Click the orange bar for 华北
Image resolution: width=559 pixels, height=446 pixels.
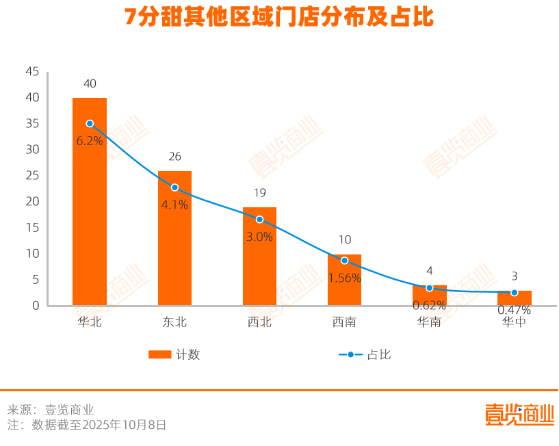pyautogui.click(x=90, y=205)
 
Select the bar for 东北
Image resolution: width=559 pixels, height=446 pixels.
pyautogui.click(x=174, y=239)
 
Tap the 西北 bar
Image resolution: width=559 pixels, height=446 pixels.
pyautogui.click(x=259, y=260)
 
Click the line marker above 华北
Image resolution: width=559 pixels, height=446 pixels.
pyautogui.click(x=90, y=124)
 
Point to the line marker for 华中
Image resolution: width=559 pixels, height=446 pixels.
pyautogui.click(x=515, y=292)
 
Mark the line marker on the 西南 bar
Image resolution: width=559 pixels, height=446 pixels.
pyautogui.click(x=344, y=261)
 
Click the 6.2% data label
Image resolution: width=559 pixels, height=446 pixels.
pyautogui.click(x=90, y=141)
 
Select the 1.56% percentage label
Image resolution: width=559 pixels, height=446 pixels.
pyautogui.click(x=344, y=278)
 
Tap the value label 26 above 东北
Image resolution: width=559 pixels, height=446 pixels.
pyautogui.click(x=174, y=157)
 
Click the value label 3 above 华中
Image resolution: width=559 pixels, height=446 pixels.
pyautogui.click(x=515, y=276)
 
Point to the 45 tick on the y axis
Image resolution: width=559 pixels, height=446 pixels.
pyautogui.click(x=31, y=72)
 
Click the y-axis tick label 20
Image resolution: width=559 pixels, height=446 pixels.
pyautogui.click(x=31, y=202)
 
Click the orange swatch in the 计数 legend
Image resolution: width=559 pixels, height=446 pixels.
pyautogui.click(x=159, y=354)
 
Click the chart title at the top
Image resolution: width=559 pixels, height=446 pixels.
pyautogui.click(x=279, y=17)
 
